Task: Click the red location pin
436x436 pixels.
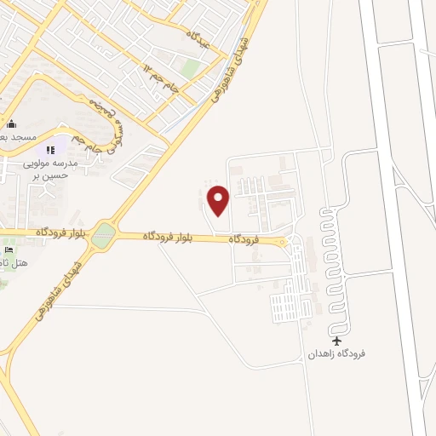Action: pyautogui.click(x=219, y=200)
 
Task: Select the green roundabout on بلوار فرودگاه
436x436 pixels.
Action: pyautogui.click(x=103, y=235)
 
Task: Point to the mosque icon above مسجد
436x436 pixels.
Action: pyautogui.click(x=11, y=123)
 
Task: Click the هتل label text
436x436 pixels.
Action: pyautogui.click(x=15, y=263)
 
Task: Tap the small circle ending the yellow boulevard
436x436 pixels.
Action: pyautogui.click(x=284, y=242)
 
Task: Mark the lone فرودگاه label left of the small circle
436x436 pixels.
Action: pyautogui.click(x=244, y=241)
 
